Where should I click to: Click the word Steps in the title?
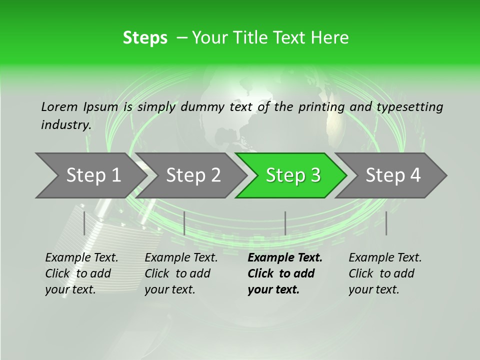click(145, 37)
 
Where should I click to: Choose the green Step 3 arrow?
click(293, 175)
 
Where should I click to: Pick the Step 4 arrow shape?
click(393, 175)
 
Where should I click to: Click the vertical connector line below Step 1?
click(84, 223)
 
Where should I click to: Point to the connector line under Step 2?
click(184, 223)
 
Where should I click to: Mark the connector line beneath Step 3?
click(285, 223)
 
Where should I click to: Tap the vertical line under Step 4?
click(386, 223)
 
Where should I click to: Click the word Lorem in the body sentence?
click(59, 107)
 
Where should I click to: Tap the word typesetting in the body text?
click(412, 107)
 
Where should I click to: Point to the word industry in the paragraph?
click(65, 124)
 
